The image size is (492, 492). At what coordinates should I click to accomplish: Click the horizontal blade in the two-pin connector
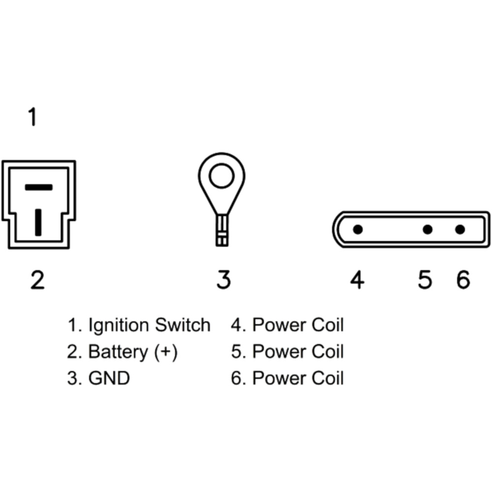coord(38,187)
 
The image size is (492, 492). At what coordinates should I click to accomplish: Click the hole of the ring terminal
coord(221,177)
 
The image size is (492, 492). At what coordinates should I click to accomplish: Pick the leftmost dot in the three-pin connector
coord(358,229)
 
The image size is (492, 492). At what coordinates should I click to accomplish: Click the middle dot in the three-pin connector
coord(428,229)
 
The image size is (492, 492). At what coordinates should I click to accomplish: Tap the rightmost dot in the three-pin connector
coord(460,229)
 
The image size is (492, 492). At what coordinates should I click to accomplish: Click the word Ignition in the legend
coord(118,326)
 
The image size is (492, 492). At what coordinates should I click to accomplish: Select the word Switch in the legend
coord(183,325)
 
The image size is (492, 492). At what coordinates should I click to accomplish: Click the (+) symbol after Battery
coord(165,352)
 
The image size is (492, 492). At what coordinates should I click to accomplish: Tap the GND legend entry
coord(109,378)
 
